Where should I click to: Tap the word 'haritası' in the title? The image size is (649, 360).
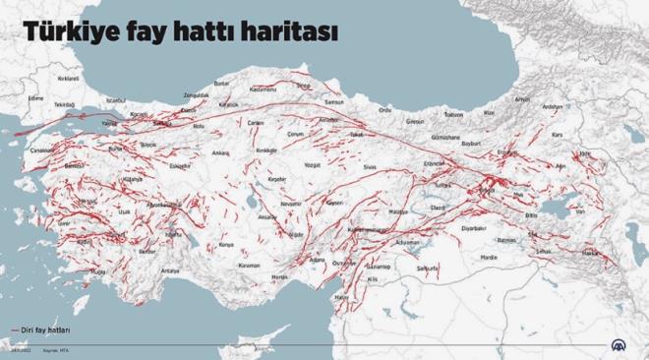(x=295, y=32)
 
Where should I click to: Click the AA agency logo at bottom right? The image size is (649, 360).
(x=619, y=346)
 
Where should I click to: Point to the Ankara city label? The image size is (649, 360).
(x=221, y=153)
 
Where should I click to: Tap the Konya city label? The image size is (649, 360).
(x=226, y=245)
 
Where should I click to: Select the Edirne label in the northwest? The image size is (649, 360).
(x=36, y=98)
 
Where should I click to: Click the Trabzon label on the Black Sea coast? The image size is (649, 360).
(x=455, y=111)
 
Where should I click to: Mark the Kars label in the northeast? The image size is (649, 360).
(x=556, y=134)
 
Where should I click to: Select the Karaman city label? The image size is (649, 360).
(x=249, y=266)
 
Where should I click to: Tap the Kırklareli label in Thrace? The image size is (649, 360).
(x=68, y=77)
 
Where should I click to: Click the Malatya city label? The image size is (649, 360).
(x=398, y=212)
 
